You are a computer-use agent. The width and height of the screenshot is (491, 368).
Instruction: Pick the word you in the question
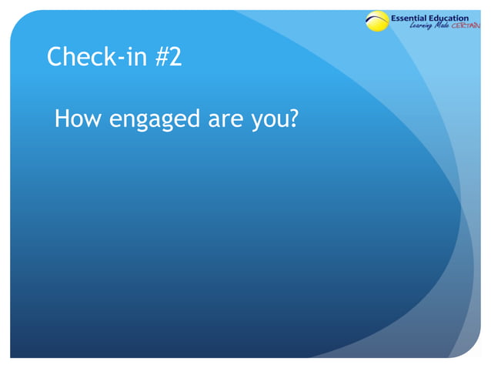click(267, 122)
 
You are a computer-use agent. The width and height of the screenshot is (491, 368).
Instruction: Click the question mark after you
click(292, 119)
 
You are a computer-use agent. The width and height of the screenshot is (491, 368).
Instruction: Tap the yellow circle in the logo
click(377, 22)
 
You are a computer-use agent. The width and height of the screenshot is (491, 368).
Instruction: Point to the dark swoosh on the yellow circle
click(377, 18)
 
